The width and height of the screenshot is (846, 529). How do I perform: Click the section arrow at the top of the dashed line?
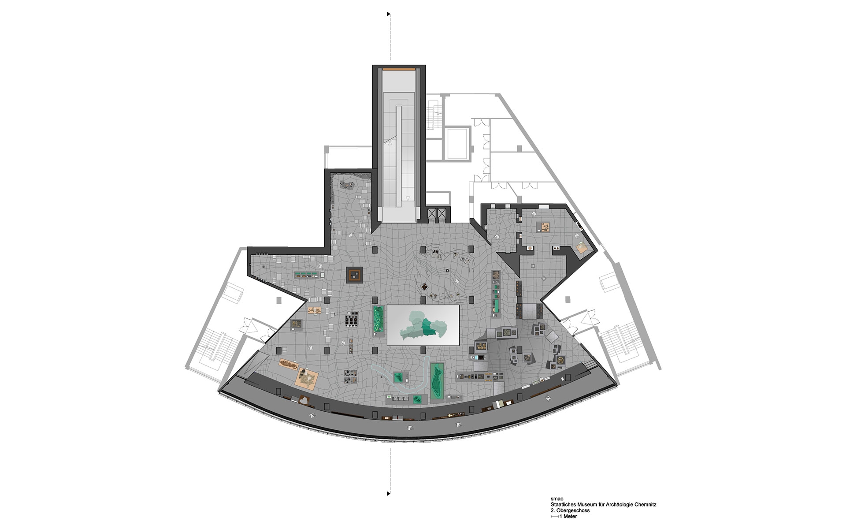pyautogui.click(x=389, y=14)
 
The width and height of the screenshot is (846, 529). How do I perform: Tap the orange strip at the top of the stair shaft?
pyautogui.click(x=399, y=69)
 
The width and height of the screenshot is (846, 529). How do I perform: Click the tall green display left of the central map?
pyautogui.click(x=378, y=320)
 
